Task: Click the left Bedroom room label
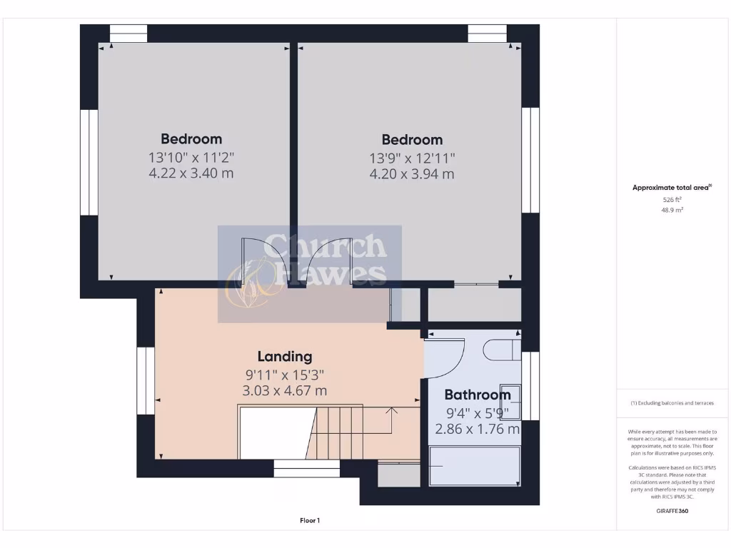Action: pyautogui.click(x=191, y=139)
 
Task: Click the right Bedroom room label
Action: pyautogui.click(x=412, y=140)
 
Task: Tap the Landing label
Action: pyautogui.click(x=285, y=356)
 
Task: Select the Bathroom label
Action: pyautogui.click(x=477, y=395)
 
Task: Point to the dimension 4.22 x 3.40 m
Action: pyautogui.click(x=191, y=173)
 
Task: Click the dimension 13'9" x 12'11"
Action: pyautogui.click(x=412, y=158)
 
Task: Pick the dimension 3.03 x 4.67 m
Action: pyautogui.click(x=285, y=390)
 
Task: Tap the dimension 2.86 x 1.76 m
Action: pyautogui.click(x=477, y=429)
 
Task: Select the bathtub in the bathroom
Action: pyautogui.click(x=474, y=467)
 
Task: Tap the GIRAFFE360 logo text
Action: pyautogui.click(x=672, y=511)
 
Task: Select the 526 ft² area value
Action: pyautogui.click(x=672, y=201)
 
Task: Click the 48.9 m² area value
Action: pyautogui.click(x=672, y=211)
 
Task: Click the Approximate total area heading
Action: pyautogui.click(x=672, y=188)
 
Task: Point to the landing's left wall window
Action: pyautogui.click(x=146, y=380)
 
